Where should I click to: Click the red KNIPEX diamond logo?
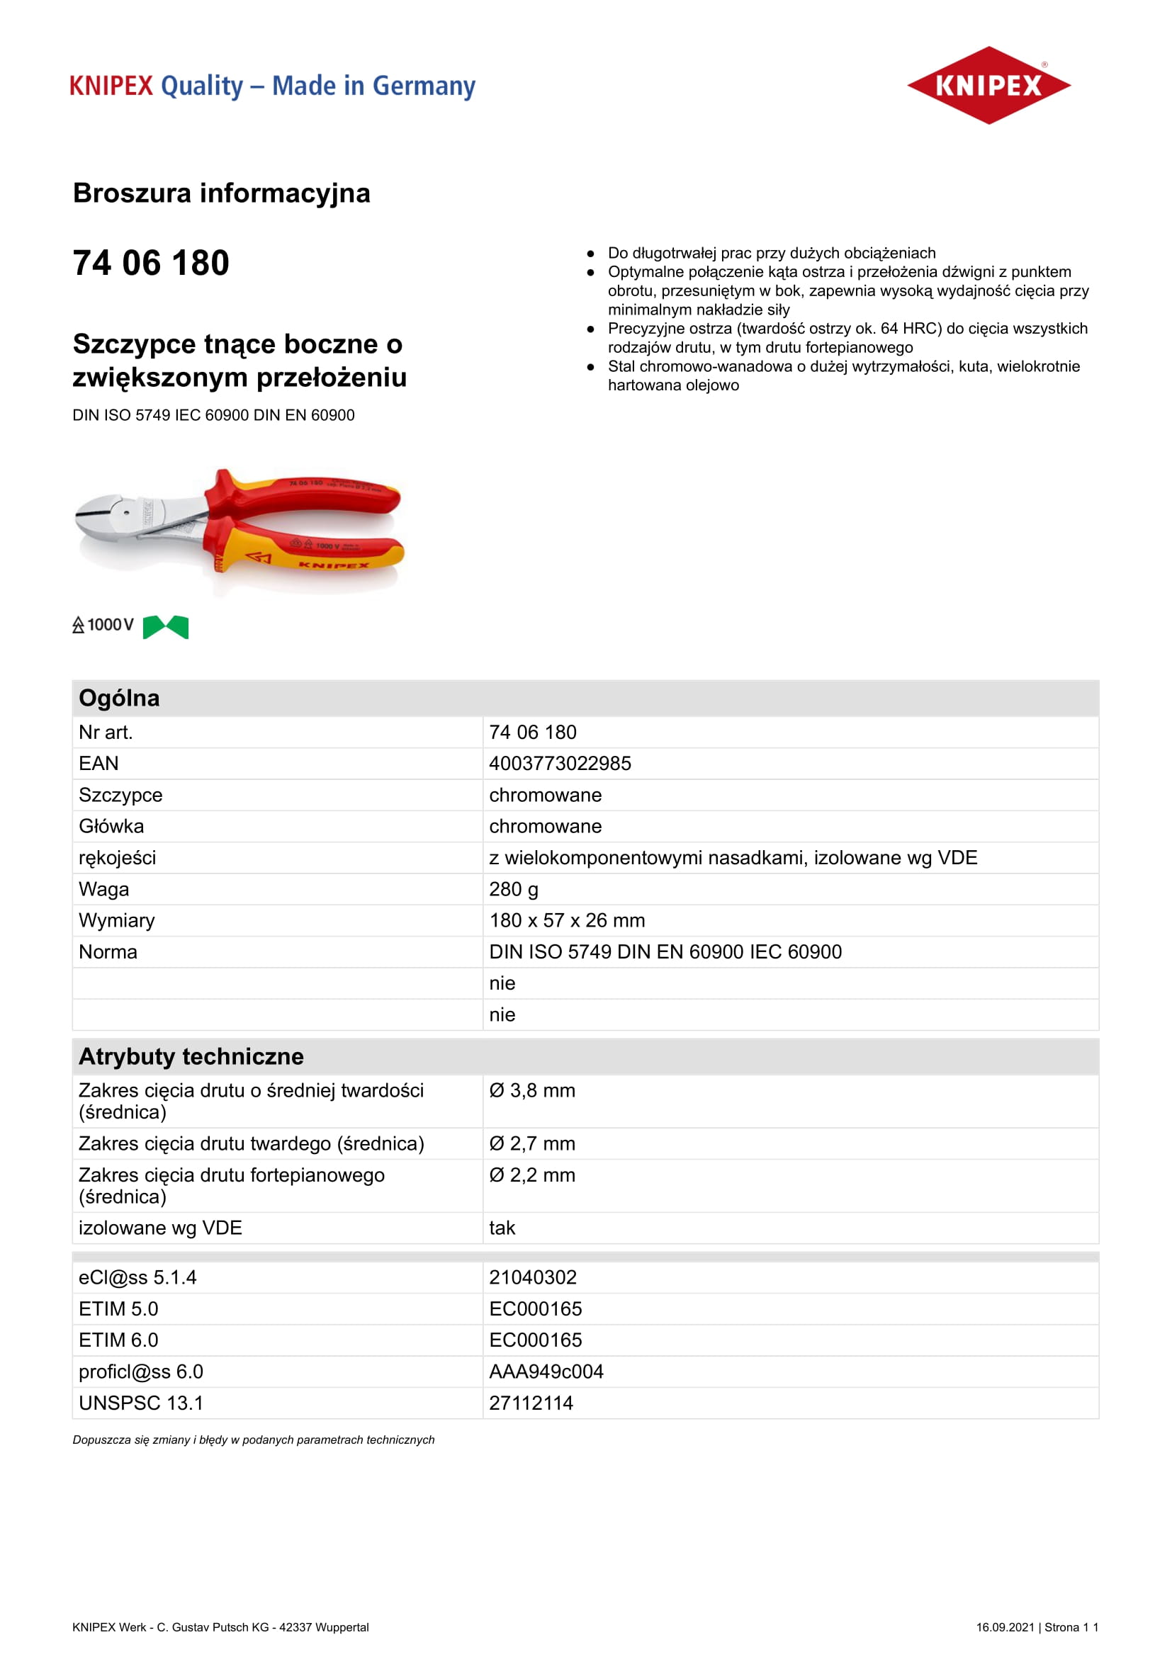tap(988, 85)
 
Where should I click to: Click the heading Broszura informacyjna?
tap(222, 193)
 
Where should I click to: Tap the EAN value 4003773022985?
tap(559, 764)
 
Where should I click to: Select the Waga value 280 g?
tap(513, 889)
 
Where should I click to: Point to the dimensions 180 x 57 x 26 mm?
tap(567, 920)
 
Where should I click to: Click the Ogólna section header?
tap(119, 698)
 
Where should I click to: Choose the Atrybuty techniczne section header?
tap(191, 1056)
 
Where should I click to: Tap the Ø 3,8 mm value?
tap(532, 1090)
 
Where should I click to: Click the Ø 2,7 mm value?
tap(532, 1143)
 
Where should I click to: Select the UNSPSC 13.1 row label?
tap(141, 1403)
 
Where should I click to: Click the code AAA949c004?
tap(546, 1372)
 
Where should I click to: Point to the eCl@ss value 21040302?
tap(533, 1277)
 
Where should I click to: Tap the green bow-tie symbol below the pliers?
tap(165, 626)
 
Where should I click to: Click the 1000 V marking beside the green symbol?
tap(110, 625)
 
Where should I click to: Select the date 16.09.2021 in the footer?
tap(1005, 1627)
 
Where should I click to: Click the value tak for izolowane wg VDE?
tap(502, 1228)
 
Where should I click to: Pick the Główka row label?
tap(111, 826)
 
